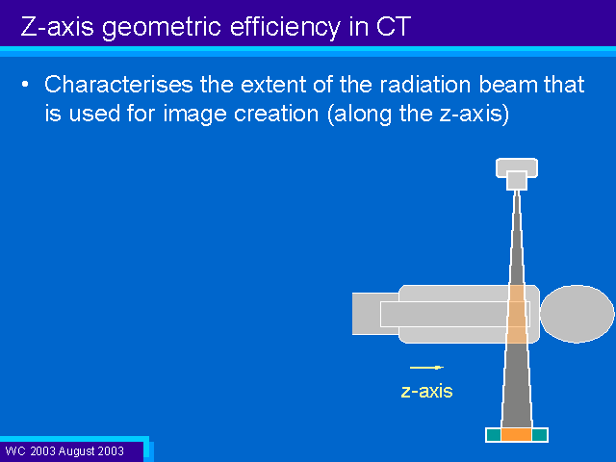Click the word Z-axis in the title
pos(58,26)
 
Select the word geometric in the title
pos(162,28)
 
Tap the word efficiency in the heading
pos(285,28)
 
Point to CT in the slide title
pos(394,26)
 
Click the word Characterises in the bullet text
pos(118,84)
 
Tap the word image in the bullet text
pos(194,115)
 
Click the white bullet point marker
pos(25,84)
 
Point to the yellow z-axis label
pos(426,392)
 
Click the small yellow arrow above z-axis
pos(426,368)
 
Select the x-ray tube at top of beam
pos(517,173)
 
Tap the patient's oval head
pos(577,314)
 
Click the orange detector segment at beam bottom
pos(516,435)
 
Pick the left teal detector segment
pos(494,435)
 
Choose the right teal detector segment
pos(539,435)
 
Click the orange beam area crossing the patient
pos(517,314)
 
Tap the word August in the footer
pos(79,451)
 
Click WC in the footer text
pos(15,450)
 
